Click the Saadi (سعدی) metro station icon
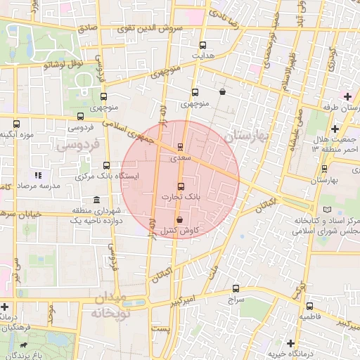pos(180,148)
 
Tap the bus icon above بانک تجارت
pos(181,186)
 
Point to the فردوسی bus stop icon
pos(80,117)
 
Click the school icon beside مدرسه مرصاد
pos(38,174)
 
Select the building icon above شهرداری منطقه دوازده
pos(96,200)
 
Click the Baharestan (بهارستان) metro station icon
pos(324,169)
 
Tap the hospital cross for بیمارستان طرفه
pos(347,96)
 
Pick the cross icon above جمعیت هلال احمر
pos(335,129)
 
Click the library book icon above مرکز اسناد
pos(325,210)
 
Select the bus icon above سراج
pos(235,288)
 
